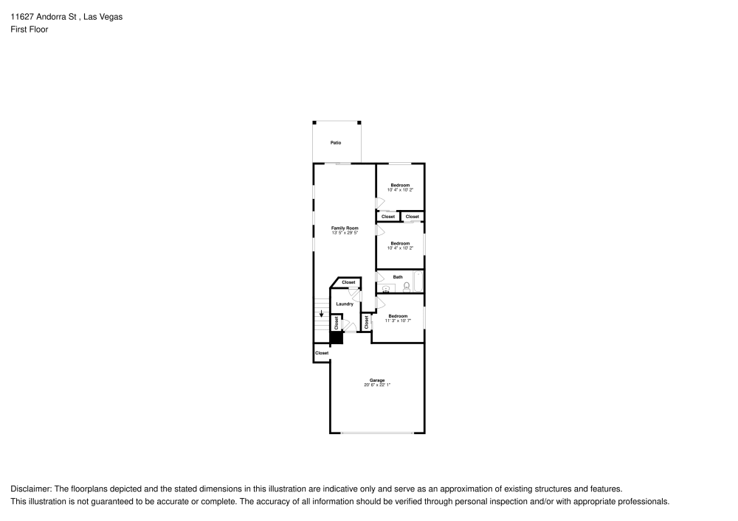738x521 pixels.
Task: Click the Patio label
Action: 336,142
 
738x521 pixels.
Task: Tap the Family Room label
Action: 344,228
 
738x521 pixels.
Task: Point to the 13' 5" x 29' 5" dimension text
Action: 344,233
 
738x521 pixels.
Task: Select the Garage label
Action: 377,380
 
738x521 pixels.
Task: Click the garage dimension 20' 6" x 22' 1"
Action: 377,385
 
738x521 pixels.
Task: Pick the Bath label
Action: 398,277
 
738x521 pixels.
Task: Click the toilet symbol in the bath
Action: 406,287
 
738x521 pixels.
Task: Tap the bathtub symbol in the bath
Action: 418,282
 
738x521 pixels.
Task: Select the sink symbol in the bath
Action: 385,288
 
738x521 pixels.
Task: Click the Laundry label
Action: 345,304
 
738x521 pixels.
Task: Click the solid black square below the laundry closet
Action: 336,338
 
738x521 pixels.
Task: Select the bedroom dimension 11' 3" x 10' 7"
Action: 398,321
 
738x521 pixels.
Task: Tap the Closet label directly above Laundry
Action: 348,282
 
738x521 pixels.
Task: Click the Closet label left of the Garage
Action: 322,353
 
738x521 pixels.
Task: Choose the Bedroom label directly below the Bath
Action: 398,315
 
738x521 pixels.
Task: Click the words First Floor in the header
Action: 29,29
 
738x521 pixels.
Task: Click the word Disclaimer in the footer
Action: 30,489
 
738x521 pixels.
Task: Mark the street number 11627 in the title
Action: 23,16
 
